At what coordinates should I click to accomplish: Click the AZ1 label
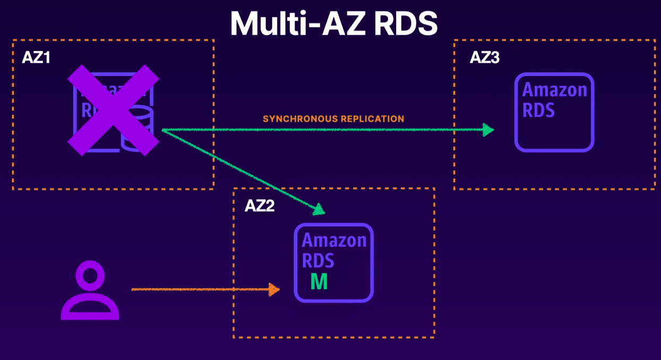pyautogui.click(x=36, y=57)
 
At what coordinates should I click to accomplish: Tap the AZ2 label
pyautogui.click(x=260, y=206)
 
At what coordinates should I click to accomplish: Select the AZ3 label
pyautogui.click(x=484, y=57)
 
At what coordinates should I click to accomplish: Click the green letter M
pyautogui.click(x=319, y=281)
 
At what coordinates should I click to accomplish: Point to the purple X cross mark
pyautogui.click(x=113, y=110)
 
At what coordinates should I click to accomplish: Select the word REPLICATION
pyautogui.click(x=372, y=119)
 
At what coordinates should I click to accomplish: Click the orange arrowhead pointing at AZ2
pyautogui.click(x=274, y=289)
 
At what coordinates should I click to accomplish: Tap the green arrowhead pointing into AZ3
pyautogui.click(x=488, y=130)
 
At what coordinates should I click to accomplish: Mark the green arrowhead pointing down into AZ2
pyautogui.click(x=318, y=210)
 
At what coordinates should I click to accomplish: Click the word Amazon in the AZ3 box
pyautogui.click(x=555, y=90)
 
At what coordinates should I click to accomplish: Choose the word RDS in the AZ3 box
pyautogui.click(x=538, y=110)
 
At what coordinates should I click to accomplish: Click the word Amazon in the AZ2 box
pyautogui.click(x=334, y=241)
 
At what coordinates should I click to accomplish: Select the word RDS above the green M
pyautogui.click(x=318, y=260)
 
